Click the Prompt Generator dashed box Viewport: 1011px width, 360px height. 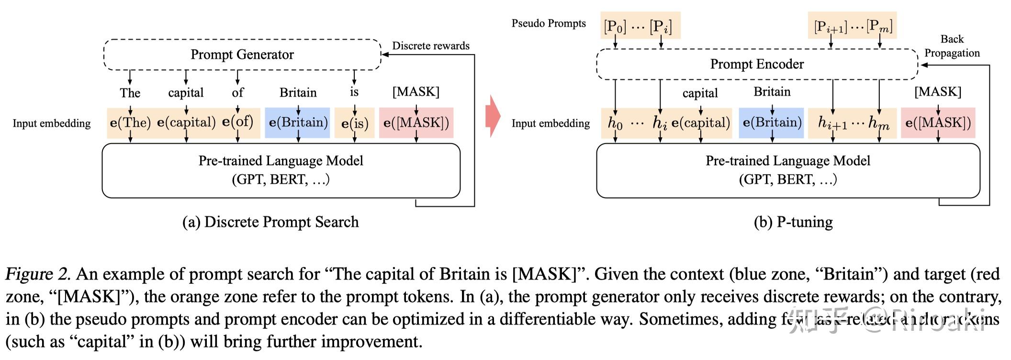[x=242, y=55]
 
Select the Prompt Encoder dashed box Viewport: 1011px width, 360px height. [x=757, y=64]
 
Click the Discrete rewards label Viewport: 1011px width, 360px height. [x=431, y=46]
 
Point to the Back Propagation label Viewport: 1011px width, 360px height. [x=952, y=46]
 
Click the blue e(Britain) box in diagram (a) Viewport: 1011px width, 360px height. [x=298, y=123]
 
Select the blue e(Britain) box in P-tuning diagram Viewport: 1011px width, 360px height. [x=772, y=123]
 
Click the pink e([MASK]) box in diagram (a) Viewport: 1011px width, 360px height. [x=416, y=123]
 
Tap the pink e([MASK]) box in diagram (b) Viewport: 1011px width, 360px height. [x=938, y=123]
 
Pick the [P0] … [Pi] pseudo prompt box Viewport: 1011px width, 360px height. [x=640, y=26]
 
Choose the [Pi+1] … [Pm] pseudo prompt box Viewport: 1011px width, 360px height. [x=852, y=26]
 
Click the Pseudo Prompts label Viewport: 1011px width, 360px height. [x=549, y=23]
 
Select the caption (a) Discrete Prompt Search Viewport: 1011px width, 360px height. [x=270, y=222]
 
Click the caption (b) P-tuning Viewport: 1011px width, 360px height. [x=793, y=222]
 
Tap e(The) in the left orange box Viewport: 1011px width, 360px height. [x=130, y=123]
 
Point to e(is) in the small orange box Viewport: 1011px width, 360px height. [x=355, y=124]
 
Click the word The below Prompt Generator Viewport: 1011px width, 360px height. [x=130, y=93]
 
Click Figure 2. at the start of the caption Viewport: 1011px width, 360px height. [x=37, y=274]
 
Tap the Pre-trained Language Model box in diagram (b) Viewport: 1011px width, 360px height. [x=788, y=170]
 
